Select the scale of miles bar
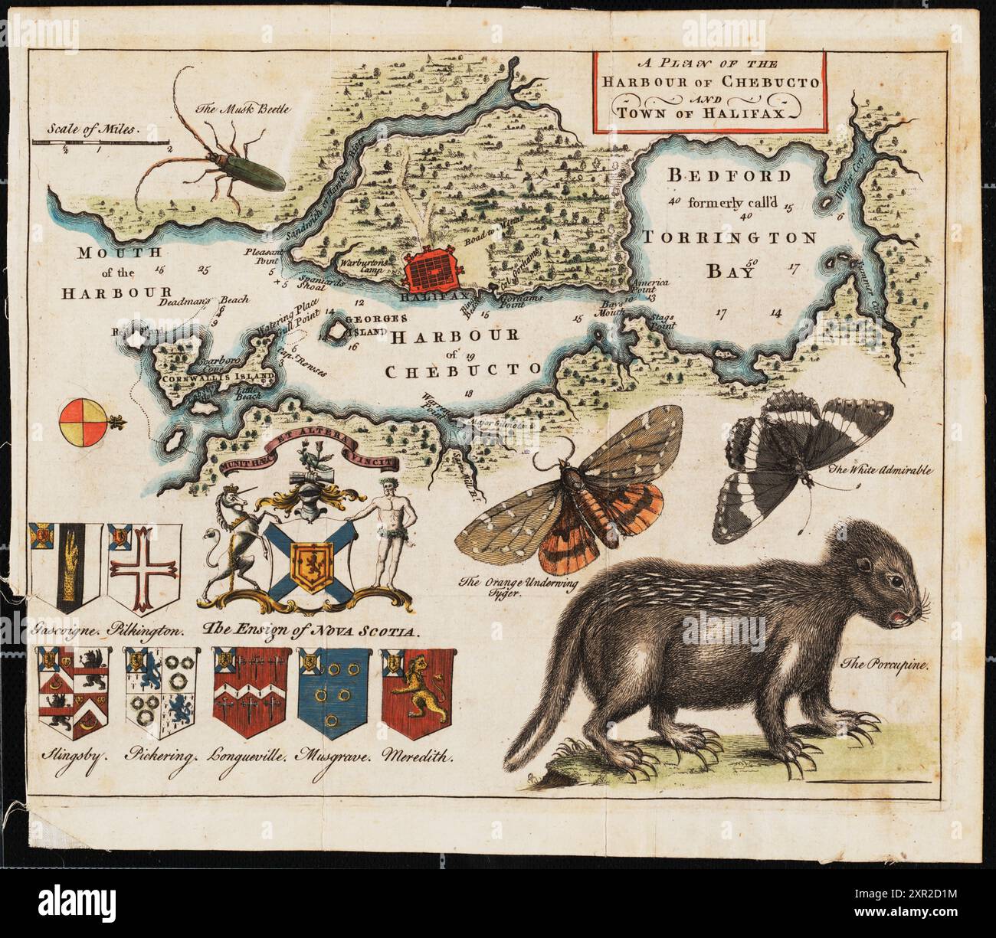[100, 142]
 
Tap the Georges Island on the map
[336, 332]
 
